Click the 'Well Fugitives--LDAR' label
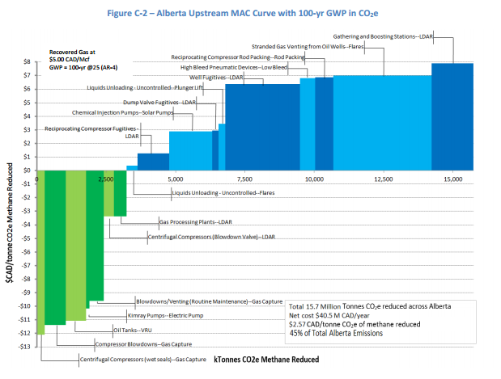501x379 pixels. click(x=217, y=78)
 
